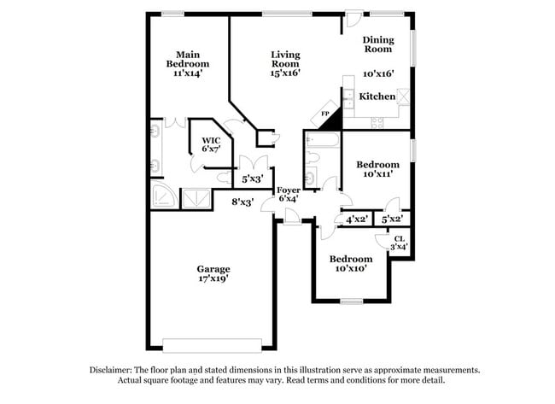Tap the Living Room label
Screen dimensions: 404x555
click(285, 59)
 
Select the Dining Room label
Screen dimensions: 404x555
click(377, 44)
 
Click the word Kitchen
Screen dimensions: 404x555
click(377, 97)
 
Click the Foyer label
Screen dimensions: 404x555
click(288, 190)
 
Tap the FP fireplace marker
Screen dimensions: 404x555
click(325, 114)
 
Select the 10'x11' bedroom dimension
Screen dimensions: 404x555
click(377, 174)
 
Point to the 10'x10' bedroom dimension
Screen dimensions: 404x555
click(351, 268)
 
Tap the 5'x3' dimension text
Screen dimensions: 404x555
click(252, 179)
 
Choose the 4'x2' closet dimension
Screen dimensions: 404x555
click(356, 220)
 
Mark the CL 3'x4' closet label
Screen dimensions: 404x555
click(399, 243)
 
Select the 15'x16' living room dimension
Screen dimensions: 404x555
click(285, 73)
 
